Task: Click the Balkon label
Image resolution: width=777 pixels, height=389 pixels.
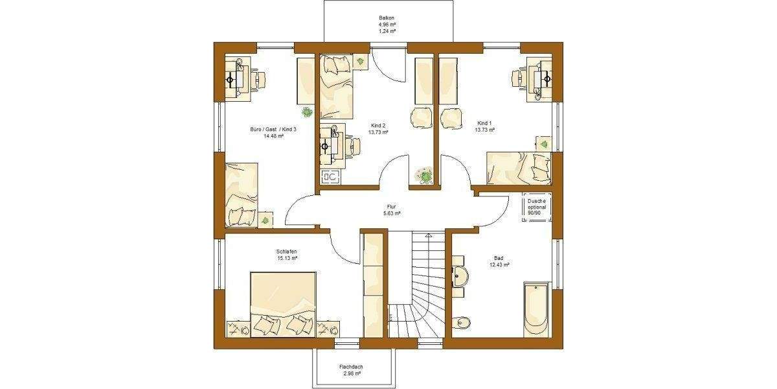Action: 387,24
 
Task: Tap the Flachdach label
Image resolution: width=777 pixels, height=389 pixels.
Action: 350,370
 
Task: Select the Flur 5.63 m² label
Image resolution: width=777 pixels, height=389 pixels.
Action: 392,209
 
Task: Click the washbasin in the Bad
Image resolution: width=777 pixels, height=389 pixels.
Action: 460,275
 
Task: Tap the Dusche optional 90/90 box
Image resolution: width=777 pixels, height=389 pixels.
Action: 537,207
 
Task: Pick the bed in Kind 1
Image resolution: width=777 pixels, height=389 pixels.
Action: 518,167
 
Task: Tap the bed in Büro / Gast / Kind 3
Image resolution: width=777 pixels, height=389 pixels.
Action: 241,194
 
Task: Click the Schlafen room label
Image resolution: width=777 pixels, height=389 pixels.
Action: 286,254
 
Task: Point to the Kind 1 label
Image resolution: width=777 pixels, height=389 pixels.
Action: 486,126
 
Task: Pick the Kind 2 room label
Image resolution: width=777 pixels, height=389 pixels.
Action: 378,128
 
